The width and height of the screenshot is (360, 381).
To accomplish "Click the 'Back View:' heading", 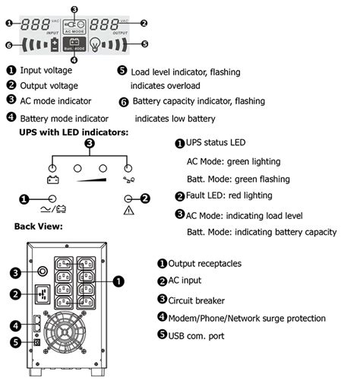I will pyautogui.click(x=42, y=227).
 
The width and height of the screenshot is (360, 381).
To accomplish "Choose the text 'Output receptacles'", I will pyautogui.click(x=209, y=263).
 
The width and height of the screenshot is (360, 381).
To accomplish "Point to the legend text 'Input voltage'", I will pyautogui.click(x=47, y=70).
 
